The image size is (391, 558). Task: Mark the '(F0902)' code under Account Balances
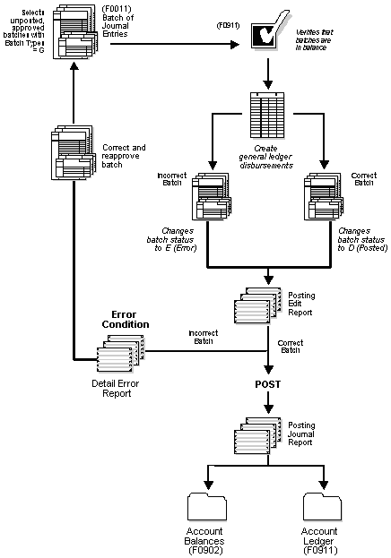pyautogui.click(x=209, y=551)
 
